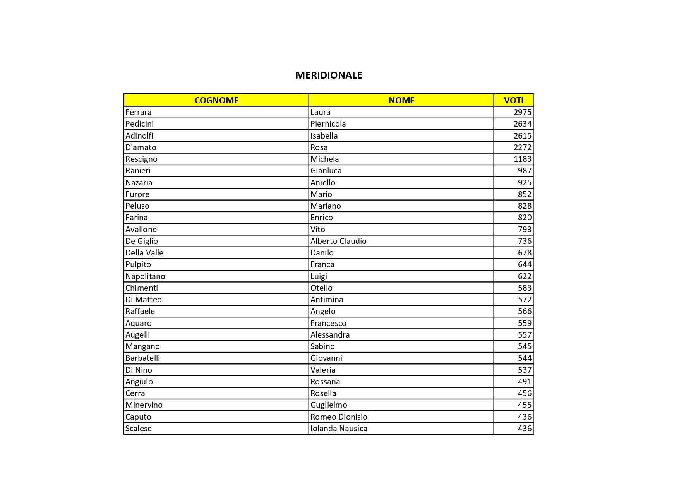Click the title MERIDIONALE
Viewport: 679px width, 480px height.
pyautogui.click(x=329, y=75)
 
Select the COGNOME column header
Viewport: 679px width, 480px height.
pyautogui.click(x=216, y=100)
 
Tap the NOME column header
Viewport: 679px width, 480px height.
pyautogui.click(x=401, y=100)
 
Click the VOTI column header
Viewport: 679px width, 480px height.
pyautogui.click(x=513, y=100)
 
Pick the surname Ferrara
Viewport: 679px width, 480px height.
pyautogui.click(x=139, y=112)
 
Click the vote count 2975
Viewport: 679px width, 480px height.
pyautogui.click(x=522, y=112)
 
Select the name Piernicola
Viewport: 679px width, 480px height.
pyautogui.click(x=328, y=124)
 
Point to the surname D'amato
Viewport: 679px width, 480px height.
pyautogui.click(x=141, y=147)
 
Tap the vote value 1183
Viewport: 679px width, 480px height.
pyautogui.click(x=522, y=159)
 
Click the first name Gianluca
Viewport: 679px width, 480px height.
pyautogui.click(x=326, y=171)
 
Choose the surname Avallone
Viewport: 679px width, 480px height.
pyautogui.click(x=141, y=230)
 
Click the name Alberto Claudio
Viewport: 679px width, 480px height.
pyautogui.click(x=338, y=241)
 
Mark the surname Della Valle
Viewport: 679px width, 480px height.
pyautogui.click(x=144, y=253)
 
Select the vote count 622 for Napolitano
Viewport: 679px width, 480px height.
pyautogui.click(x=525, y=276)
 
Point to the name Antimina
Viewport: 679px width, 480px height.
pyautogui.click(x=327, y=300)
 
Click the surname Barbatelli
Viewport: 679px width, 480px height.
pyautogui.click(x=142, y=358)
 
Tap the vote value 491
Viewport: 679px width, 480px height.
pyautogui.click(x=525, y=382)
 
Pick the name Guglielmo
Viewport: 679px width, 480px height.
pyautogui.click(x=329, y=405)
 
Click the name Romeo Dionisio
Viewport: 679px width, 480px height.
pyautogui.click(x=339, y=417)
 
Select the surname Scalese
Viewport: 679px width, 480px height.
pyautogui.click(x=139, y=429)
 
